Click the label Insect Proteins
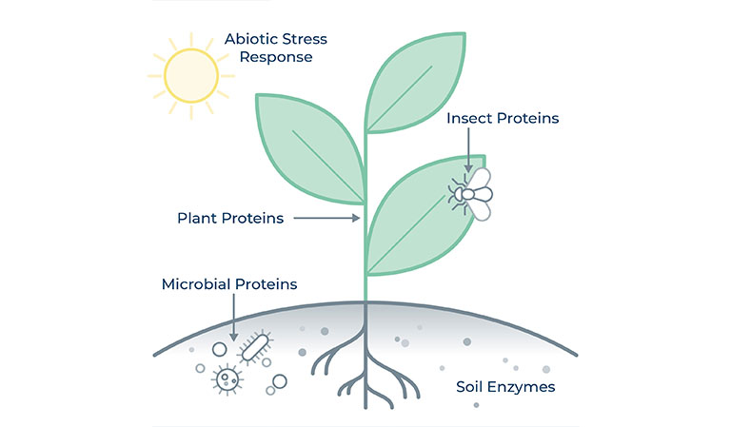tap(503, 119)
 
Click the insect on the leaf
tap(472, 194)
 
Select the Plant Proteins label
tap(230, 219)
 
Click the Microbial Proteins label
tap(229, 284)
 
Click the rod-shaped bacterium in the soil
tap(254, 346)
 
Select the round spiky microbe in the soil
tap(227, 379)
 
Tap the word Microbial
tap(196, 284)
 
